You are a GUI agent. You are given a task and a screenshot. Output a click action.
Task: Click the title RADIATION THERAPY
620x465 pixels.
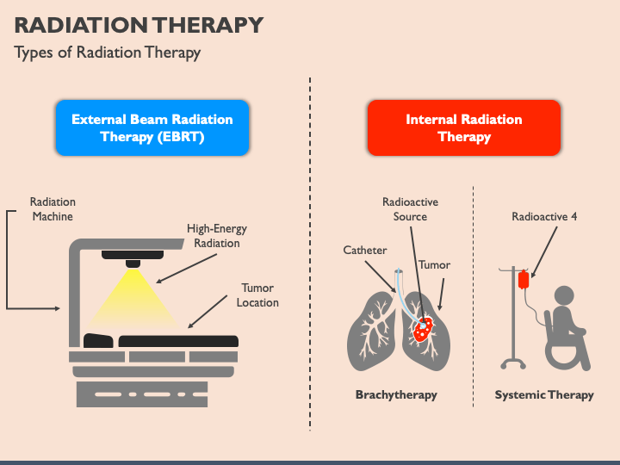coord(139,25)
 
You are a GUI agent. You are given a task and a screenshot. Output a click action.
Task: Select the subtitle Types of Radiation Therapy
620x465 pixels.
coord(107,53)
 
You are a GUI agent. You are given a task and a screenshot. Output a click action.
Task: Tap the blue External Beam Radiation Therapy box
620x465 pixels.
coord(152,127)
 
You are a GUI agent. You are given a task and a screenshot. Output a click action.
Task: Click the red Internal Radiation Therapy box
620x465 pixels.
coord(464,127)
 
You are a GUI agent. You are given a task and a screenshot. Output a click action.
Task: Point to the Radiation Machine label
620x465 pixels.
coord(53,209)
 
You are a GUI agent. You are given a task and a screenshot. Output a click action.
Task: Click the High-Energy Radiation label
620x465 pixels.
coord(217,236)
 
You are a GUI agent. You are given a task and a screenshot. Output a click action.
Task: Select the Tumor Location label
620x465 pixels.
coord(257,295)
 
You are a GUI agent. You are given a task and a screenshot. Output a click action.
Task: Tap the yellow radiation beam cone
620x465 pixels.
coord(133,301)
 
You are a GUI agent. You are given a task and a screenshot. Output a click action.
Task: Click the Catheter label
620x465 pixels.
coord(365,251)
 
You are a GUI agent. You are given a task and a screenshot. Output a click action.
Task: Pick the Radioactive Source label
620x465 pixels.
coord(410,209)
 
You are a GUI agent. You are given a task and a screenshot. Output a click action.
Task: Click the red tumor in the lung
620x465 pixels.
coord(423,328)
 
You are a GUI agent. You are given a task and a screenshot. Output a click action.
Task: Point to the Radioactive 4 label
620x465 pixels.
coord(544,217)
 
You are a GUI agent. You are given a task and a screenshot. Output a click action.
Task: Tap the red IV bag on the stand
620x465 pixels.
coord(524,280)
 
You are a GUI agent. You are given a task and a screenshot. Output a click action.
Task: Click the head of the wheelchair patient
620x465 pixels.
coord(564,295)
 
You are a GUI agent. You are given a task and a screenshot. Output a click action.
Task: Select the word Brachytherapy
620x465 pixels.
coord(396,395)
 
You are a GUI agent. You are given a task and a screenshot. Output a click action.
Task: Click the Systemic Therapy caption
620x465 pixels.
coord(544,395)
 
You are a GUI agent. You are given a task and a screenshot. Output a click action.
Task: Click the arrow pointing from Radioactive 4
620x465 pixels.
coord(544,252)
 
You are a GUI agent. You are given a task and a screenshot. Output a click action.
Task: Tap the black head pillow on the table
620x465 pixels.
coord(98,341)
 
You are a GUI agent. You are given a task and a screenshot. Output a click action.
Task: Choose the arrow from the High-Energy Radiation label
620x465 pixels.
coord(186,269)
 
